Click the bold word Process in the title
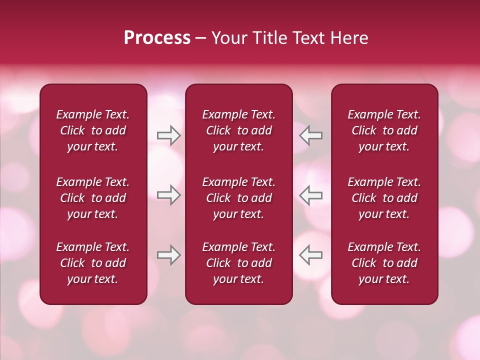(157, 38)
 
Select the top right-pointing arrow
(168, 135)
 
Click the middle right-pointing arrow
(168, 195)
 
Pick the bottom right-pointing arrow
(168, 255)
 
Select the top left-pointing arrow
(311, 135)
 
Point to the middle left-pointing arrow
(311, 195)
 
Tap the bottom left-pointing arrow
(311, 255)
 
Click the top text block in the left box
(93, 130)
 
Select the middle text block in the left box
(93, 198)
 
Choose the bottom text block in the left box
(93, 263)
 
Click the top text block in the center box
(238, 130)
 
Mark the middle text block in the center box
(238, 198)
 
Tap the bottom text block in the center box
(238, 263)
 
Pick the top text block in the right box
(384, 130)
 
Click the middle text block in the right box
(384, 198)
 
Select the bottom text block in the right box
(384, 263)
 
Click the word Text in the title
(308, 38)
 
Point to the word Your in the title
(228, 38)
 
